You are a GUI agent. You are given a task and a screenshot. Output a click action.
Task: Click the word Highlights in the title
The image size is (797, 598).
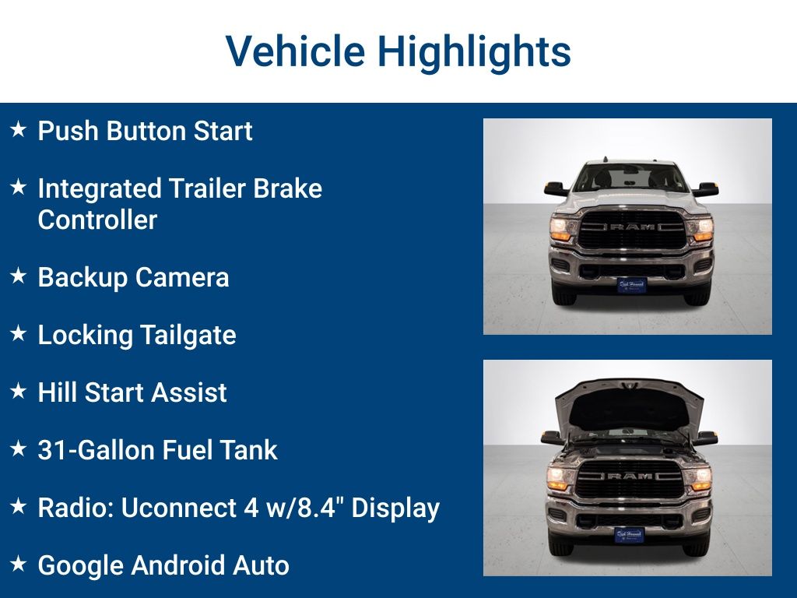click(x=474, y=52)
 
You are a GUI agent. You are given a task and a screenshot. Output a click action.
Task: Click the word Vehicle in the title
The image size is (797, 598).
click(x=295, y=52)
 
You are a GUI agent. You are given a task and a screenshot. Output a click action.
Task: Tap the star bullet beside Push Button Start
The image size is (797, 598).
click(x=18, y=129)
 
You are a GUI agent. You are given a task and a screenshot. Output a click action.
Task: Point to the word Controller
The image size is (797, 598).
click(x=97, y=220)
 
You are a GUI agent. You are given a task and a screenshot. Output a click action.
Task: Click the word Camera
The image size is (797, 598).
click(x=182, y=277)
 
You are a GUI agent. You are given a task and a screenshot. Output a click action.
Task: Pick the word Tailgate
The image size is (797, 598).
click(x=188, y=335)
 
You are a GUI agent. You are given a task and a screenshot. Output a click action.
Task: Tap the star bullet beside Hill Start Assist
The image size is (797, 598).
click(x=18, y=391)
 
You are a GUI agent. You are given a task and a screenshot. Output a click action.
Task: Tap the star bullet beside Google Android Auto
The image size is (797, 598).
click(x=18, y=564)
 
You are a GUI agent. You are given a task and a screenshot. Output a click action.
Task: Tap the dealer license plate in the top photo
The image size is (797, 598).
click(x=631, y=285)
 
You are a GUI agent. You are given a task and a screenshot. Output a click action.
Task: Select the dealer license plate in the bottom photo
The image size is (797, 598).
click(x=630, y=535)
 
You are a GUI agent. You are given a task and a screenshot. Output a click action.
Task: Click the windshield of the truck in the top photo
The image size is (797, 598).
click(x=630, y=178)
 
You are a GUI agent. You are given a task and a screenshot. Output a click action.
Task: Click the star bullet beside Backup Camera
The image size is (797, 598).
click(x=18, y=276)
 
